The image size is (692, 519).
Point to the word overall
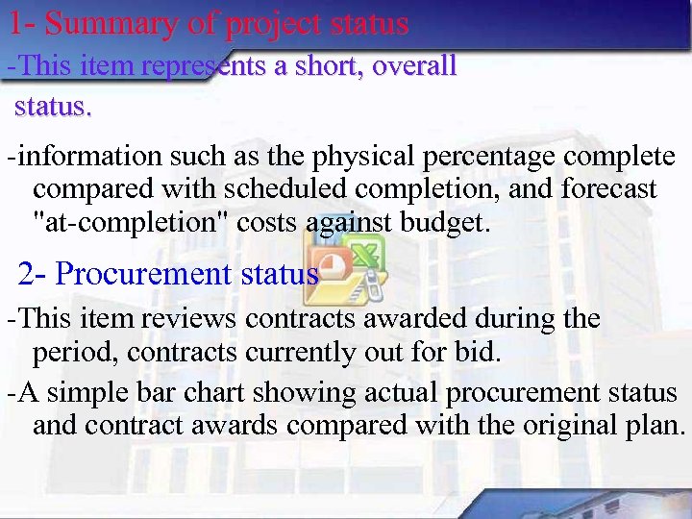414,66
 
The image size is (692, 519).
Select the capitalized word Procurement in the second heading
143,274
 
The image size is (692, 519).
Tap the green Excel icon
366,258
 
